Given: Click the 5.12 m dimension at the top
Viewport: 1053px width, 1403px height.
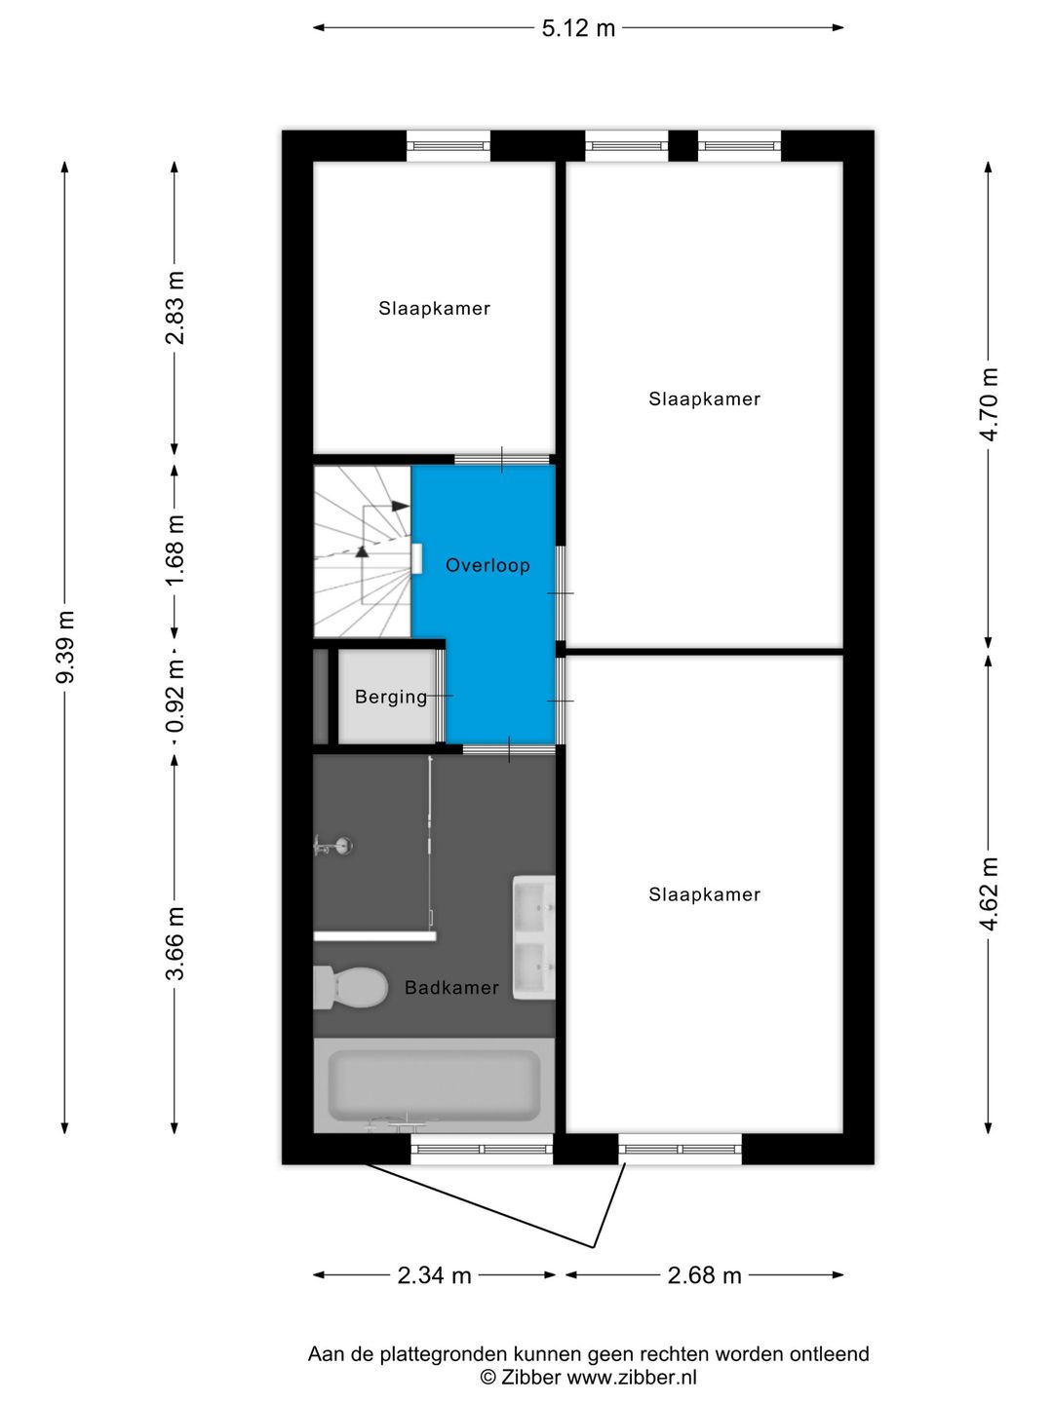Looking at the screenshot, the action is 578,28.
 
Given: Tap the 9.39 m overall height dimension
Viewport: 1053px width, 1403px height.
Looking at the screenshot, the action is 65,647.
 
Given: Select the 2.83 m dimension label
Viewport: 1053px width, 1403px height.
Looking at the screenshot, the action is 175,308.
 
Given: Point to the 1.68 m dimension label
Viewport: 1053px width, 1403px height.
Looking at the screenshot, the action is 175,550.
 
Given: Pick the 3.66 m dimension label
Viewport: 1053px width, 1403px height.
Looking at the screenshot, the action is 175,943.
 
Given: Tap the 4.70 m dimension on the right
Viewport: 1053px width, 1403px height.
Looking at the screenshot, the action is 990,403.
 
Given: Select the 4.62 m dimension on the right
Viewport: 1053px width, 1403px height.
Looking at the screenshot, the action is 990,892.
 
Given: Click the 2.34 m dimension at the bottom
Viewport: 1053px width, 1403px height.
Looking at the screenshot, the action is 434,1275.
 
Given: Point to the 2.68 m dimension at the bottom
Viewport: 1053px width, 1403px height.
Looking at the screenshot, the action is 704,1275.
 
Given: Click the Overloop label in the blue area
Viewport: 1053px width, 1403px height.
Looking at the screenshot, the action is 487,565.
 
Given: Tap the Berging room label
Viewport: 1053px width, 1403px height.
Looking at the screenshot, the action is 390,697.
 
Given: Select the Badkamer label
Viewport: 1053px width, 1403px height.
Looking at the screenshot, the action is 451,987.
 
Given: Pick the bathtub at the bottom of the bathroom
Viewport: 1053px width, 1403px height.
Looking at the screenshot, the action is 433,1084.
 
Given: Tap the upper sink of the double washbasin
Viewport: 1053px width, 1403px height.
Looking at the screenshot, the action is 533,906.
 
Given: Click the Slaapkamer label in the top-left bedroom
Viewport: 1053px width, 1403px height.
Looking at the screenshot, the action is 434,309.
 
